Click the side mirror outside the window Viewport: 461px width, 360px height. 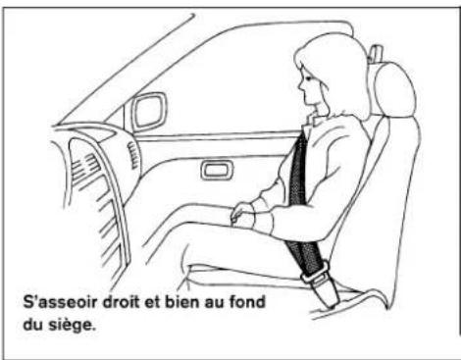point(149,110)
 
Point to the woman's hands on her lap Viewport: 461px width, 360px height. point(240,211)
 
